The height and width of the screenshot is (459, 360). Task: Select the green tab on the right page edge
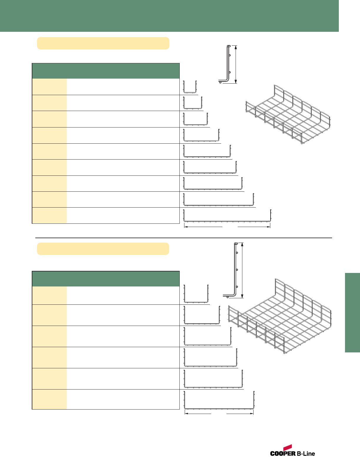[352, 312]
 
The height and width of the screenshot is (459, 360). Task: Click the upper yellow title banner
[103, 43]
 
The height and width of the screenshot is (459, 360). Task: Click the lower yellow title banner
[103, 249]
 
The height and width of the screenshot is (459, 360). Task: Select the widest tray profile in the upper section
[227, 216]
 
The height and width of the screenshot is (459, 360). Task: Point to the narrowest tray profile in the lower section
[196, 294]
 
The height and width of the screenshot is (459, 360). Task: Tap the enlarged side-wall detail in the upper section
[226, 65]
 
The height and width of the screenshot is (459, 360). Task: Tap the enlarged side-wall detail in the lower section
[234, 269]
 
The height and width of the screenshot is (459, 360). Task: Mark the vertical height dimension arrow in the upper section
[236, 64]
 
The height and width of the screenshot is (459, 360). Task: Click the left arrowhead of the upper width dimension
[185, 227]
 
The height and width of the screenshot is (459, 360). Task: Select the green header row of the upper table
[106, 71]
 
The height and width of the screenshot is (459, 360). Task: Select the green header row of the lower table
[106, 279]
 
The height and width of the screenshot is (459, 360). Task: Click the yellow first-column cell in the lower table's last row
[49, 399]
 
